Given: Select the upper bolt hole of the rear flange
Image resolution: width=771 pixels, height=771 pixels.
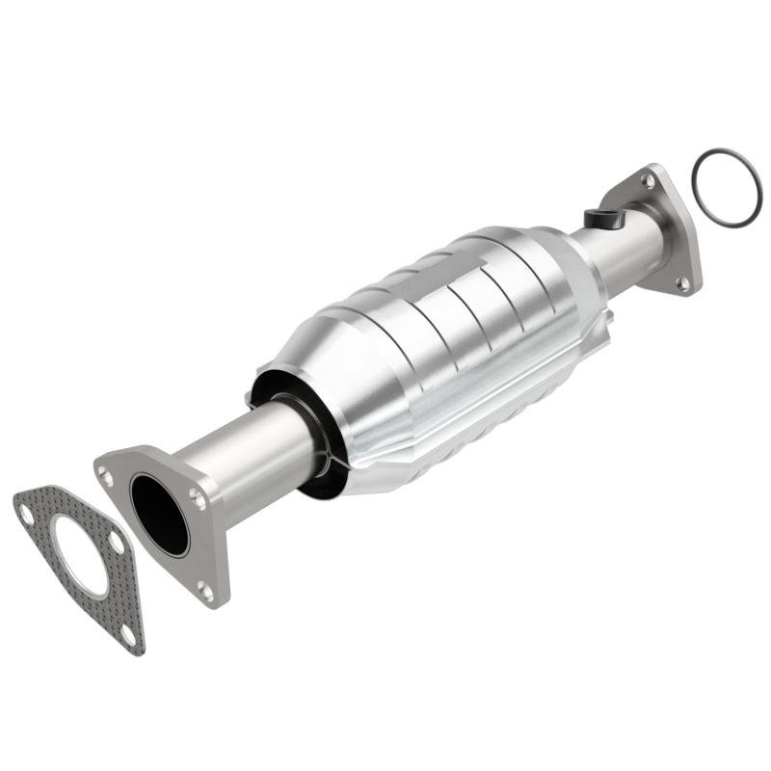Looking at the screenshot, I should [x=649, y=180].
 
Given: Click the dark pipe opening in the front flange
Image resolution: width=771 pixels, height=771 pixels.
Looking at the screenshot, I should [x=159, y=515].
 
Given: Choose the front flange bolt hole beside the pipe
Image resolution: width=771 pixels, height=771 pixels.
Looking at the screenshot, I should [x=199, y=497].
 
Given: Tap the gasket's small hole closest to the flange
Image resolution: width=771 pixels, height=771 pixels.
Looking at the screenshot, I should [x=117, y=544].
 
